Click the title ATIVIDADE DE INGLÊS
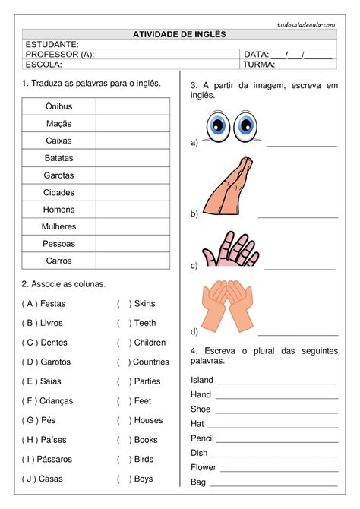[179, 34]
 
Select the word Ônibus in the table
[58, 106]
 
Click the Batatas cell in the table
[58, 158]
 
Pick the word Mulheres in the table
[58, 226]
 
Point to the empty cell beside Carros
[133, 261]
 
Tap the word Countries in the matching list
[150, 362]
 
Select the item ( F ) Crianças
[46, 401]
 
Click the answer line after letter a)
[302, 144]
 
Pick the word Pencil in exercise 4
[202, 438]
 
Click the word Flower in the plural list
[203, 468]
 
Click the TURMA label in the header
[259, 65]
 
